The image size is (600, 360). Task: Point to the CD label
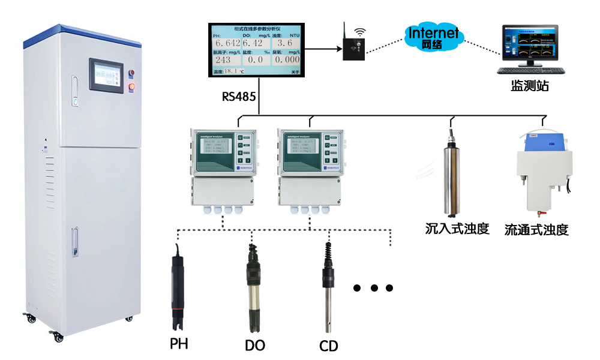[329, 346]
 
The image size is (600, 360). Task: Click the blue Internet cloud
[433, 35]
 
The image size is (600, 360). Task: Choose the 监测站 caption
[530, 86]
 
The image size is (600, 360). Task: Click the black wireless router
[353, 48]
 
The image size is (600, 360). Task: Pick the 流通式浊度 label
[536, 230]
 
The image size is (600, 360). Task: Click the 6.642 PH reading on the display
[227, 44]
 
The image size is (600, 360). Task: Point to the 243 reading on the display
[223, 60]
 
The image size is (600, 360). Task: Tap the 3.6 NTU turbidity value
[286, 44]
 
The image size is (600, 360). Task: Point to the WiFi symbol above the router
[359, 31]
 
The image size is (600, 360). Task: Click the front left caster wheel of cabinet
[59, 337]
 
